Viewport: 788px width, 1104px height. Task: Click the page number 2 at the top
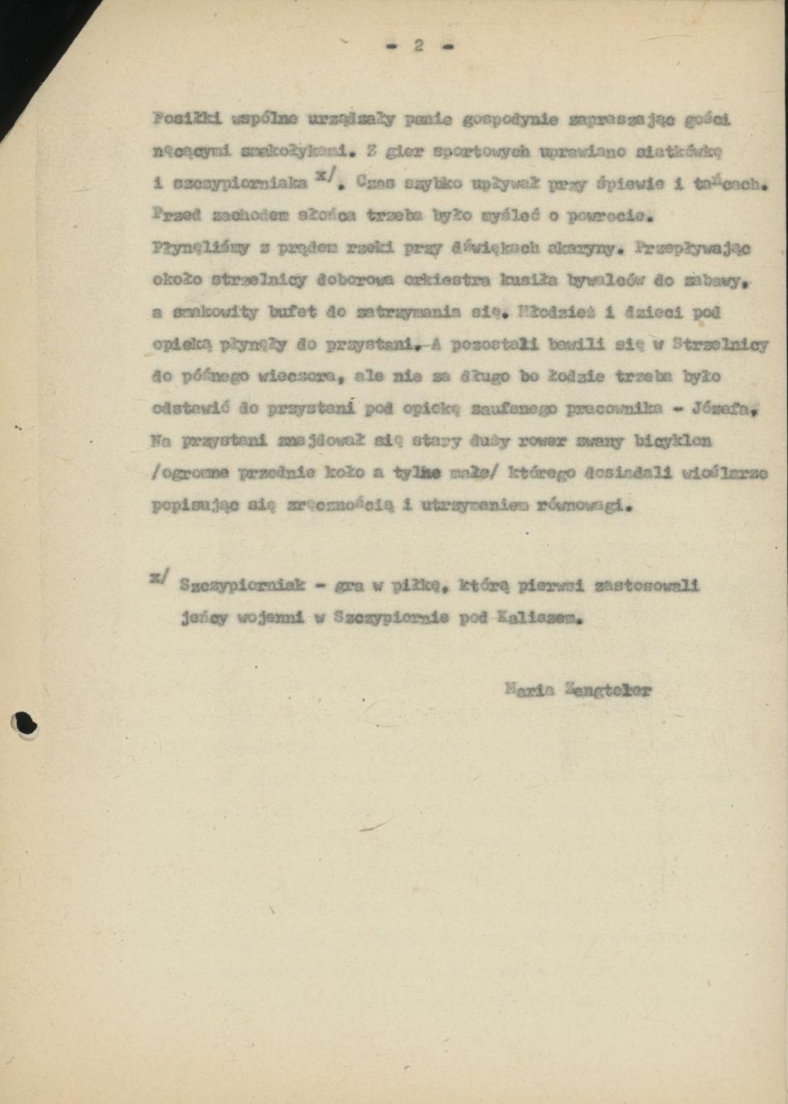pyautogui.click(x=419, y=46)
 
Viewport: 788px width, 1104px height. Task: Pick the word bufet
pyautogui.click(x=292, y=312)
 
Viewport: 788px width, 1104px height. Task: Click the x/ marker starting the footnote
pyautogui.click(x=159, y=577)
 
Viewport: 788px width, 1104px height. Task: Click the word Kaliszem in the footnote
pyautogui.click(x=540, y=618)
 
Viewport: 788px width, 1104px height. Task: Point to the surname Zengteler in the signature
pyautogui.click(x=607, y=689)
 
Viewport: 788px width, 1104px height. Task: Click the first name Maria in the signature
pyautogui.click(x=529, y=689)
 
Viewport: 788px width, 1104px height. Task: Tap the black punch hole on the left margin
pyautogui.click(x=24, y=725)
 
